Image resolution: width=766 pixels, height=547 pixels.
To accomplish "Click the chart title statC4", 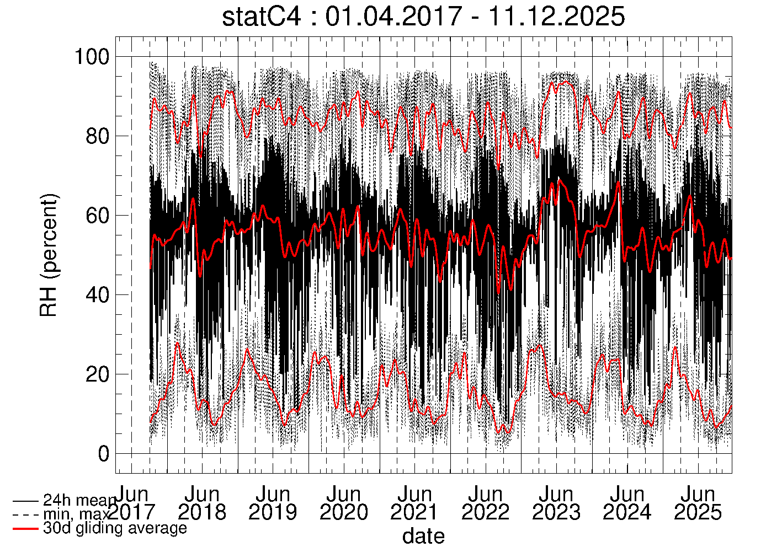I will point(262,17).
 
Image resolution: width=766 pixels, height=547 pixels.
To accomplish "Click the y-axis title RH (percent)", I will point(49,255).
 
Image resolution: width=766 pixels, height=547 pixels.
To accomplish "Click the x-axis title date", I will point(423,535).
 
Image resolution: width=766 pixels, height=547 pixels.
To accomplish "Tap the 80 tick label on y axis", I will point(98,136).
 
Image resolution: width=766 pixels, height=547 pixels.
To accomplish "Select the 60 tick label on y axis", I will point(98,216).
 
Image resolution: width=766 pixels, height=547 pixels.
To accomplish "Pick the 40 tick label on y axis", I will point(98,295).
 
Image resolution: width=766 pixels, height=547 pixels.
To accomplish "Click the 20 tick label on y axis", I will point(98,374).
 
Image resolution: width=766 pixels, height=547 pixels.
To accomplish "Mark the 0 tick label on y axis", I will point(104,454).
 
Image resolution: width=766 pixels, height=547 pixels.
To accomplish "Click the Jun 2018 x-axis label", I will point(202,503).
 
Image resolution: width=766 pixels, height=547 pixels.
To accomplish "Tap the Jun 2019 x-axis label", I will point(273,503).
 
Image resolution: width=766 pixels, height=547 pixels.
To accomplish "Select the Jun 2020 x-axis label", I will point(344,503).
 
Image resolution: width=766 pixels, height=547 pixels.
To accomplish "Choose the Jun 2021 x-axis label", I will point(414,503).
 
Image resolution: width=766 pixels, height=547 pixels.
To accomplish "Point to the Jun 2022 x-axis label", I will point(486,503).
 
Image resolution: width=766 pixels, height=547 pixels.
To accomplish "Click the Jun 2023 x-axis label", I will point(556,503).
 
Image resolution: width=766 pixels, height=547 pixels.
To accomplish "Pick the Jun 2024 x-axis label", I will point(627,503).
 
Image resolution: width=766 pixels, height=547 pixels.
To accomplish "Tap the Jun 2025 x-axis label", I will point(698,503).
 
